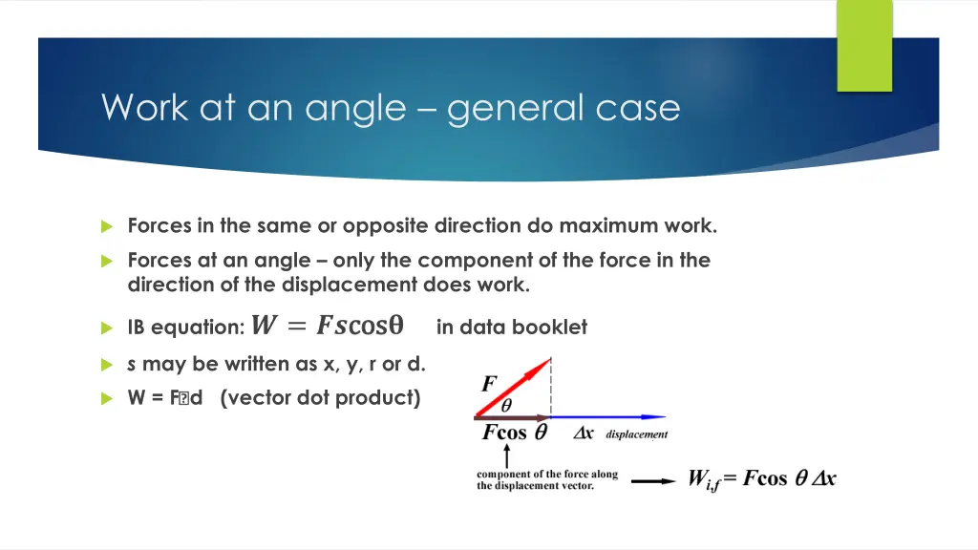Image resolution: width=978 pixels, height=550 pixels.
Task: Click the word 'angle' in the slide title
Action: coord(355,108)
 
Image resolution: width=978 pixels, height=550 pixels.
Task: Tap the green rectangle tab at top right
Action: coord(864,45)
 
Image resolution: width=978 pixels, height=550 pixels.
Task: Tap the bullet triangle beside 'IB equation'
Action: coord(107,328)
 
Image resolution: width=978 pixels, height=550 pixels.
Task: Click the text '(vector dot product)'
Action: coord(320,398)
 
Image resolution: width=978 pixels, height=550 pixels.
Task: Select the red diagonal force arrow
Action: coord(514,388)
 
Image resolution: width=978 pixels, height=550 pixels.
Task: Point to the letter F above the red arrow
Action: coord(489,384)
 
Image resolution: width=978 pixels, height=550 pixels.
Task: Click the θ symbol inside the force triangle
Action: coord(506,406)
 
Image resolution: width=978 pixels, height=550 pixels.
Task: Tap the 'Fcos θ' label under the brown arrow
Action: coord(514,433)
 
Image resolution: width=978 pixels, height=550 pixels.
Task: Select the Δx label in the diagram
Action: coord(584,434)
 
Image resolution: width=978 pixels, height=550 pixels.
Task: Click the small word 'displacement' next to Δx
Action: coord(636,434)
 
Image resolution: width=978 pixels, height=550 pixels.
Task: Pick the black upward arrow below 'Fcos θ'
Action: coord(506,455)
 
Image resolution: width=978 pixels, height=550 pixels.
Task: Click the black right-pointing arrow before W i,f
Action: coord(653,480)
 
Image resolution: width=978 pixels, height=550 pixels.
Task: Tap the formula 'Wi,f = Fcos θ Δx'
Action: coord(762,478)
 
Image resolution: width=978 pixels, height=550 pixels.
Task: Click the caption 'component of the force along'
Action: coord(547,474)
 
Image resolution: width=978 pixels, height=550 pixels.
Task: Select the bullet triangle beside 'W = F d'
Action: coord(107,399)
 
